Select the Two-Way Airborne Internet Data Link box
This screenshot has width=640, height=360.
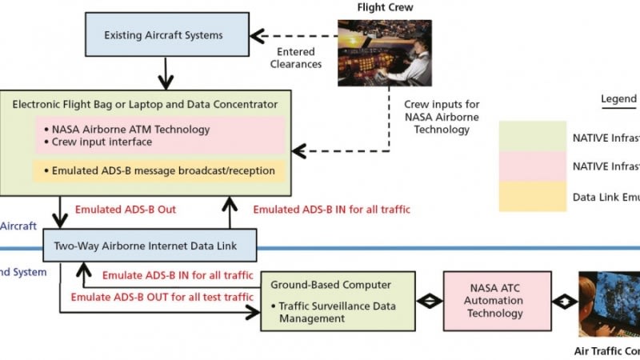click(x=150, y=245)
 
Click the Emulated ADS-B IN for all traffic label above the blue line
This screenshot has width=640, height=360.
click(x=331, y=210)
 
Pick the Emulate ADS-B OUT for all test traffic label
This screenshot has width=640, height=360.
click(x=162, y=297)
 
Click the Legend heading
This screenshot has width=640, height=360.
click(x=619, y=99)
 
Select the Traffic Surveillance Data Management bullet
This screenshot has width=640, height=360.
click(x=336, y=312)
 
